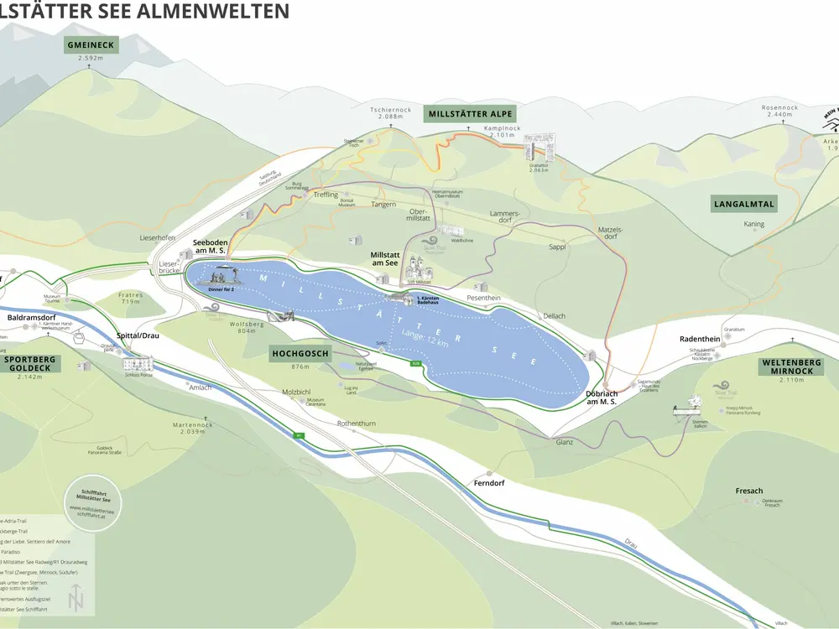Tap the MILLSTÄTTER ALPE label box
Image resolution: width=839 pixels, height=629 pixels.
coord(470,114)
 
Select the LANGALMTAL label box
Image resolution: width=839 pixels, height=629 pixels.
coord(743,204)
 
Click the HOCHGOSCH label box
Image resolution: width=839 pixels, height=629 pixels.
coord(300,353)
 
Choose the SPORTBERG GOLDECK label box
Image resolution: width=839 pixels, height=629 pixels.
coord(30,362)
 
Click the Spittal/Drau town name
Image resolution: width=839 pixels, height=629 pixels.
coord(139,335)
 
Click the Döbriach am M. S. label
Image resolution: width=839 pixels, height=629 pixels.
coord(602,398)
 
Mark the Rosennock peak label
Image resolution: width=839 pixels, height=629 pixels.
coord(778,108)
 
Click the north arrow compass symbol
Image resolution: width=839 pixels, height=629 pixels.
coord(77,598)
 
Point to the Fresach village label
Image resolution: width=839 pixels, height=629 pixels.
coord(749,491)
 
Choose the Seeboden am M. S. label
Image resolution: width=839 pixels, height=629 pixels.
coord(211,246)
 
